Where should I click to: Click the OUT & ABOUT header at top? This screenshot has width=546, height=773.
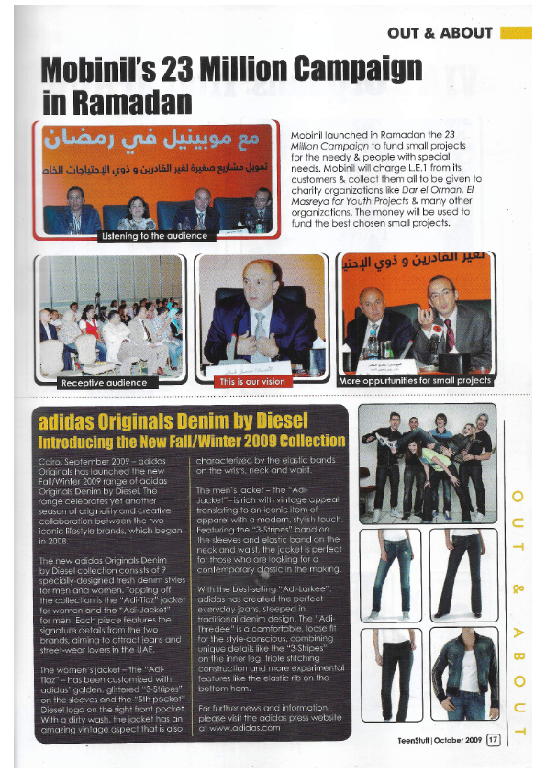(x=440, y=33)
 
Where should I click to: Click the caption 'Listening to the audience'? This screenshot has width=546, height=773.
(x=153, y=237)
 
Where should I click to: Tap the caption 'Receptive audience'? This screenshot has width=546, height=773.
(x=103, y=382)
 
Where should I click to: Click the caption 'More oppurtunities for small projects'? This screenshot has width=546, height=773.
(x=415, y=381)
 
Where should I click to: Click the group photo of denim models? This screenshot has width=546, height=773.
(x=427, y=464)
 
